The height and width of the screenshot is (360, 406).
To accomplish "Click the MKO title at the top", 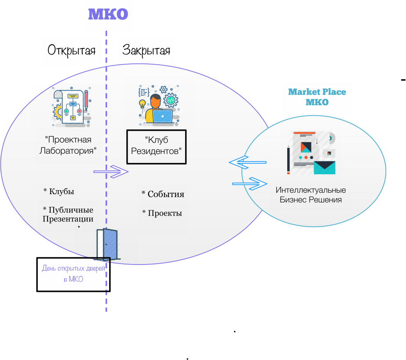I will [x=108, y=15].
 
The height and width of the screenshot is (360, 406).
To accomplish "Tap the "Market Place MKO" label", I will [x=317, y=97].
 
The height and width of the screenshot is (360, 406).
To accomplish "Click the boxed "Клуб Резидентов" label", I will [x=157, y=146].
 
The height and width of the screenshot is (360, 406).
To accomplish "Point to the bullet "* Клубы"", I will [x=59, y=192].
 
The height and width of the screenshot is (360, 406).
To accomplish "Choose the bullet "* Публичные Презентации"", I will [x=68, y=214].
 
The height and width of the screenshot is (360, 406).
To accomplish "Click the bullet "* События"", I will [x=163, y=194].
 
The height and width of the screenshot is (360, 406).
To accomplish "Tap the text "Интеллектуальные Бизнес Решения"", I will [x=311, y=195].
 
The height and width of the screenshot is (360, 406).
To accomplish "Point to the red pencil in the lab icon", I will [x=86, y=100].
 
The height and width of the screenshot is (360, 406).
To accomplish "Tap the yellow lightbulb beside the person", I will [x=142, y=105].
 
